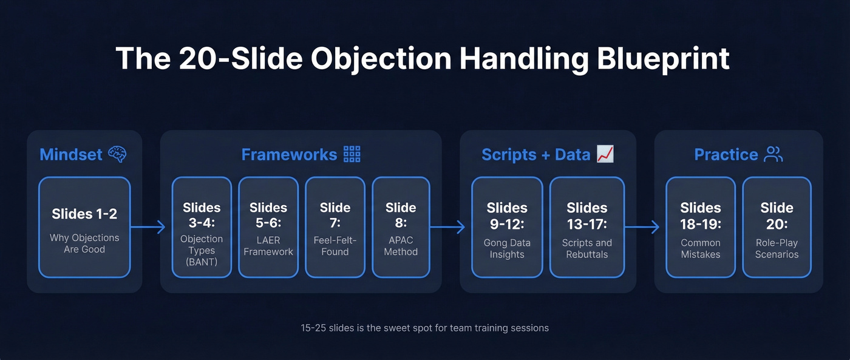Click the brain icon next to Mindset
pyautogui.click(x=117, y=154)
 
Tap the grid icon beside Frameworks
pyautogui.click(x=352, y=154)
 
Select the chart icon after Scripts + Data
pyautogui.click(x=605, y=154)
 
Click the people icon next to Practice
pyautogui.click(x=773, y=154)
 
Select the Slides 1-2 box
pyautogui.click(x=84, y=227)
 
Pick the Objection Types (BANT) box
pyautogui.click(x=202, y=227)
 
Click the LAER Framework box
pyautogui.click(x=268, y=227)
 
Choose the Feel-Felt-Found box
pyautogui.click(x=335, y=227)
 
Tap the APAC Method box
pyautogui.click(x=401, y=227)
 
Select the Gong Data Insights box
pyautogui.click(x=507, y=227)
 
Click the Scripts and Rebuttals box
pyautogui.click(x=587, y=227)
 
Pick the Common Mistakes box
pyautogui.click(x=701, y=227)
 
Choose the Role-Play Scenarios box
pyautogui.click(x=777, y=227)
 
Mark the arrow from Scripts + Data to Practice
pyautogui.click(x=642, y=228)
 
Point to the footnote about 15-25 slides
pyautogui.click(x=424, y=328)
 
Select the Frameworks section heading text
pyautogui.click(x=289, y=154)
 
